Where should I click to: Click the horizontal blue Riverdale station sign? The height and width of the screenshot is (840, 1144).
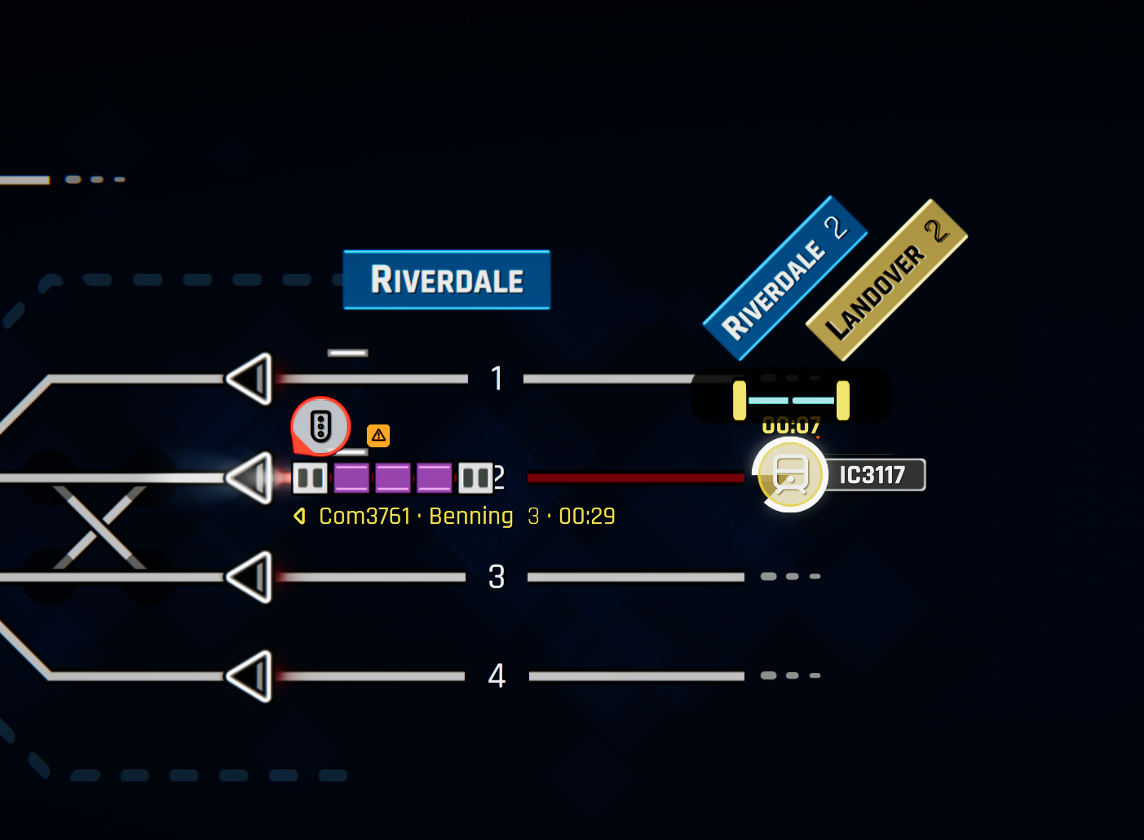pos(446,279)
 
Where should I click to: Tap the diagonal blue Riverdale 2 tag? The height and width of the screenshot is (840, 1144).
pos(784,278)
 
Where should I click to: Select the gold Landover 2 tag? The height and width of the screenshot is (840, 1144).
pos(886,279)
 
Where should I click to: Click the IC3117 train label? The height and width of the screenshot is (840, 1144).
pos(872,475)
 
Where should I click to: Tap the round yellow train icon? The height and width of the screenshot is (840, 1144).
pos(790,475)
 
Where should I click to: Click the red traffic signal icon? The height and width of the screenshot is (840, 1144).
pos(320,426)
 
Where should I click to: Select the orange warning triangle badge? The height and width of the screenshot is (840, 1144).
pos(378,436)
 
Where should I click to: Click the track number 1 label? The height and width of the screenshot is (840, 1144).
pos(497,379)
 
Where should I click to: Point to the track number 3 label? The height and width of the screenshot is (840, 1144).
pos(497,577)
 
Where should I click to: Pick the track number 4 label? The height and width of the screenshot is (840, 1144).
pos(497,676)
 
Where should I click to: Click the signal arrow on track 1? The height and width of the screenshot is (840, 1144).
pos(250,379)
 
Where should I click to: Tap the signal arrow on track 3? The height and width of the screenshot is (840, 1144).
pos(250,577)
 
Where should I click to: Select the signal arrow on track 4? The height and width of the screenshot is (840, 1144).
pos(250,676)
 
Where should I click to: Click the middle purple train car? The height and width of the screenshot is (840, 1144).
pos(393,478)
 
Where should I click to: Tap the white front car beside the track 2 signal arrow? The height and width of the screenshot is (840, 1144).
pos(310,478)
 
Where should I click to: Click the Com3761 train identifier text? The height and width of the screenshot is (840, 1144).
pos(364,517)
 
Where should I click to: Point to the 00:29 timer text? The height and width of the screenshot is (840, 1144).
pos(587,517)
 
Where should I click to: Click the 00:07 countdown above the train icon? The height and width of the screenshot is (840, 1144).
pos(791,425)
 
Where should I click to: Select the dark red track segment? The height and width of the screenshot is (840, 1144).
pos(636,477)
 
